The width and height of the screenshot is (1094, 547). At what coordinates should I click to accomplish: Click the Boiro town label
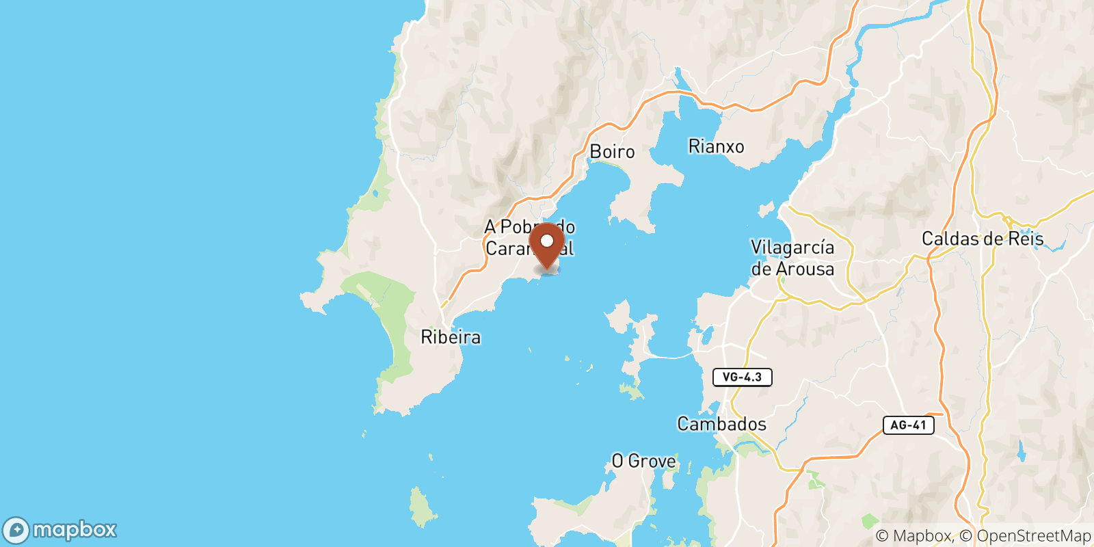pyautogui.click(x=612, y=152)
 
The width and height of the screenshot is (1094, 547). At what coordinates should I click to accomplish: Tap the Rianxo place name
pyautogui.click(x=716, y=146)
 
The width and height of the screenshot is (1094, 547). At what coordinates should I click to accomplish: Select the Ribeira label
pyautogui.click(x=451, y=337)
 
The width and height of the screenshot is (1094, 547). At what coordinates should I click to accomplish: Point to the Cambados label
pyautogui.click(x=721, y=424)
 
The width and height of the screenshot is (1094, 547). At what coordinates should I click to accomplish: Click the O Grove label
pyautogui.click(x=643, y=462)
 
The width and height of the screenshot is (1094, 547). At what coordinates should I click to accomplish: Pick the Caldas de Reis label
pyautogui.click(x=983, y=239)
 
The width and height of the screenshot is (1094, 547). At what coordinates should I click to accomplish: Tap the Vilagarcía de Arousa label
pyautogui.click(x=792, y=258)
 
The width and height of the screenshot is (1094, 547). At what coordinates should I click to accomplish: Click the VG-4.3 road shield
pyautogui.click(x=742, y=377)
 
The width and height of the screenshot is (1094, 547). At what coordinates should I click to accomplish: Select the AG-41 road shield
pyautogui.click(x=908, y=425)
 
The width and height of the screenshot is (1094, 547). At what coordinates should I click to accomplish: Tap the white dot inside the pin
pyautogui.click(x=547, y=241)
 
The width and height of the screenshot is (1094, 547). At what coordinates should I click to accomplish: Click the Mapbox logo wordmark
pyautogui.click(x=75, y=530)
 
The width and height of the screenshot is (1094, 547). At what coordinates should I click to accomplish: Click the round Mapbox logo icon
pyautogui.click(x=16, y=531)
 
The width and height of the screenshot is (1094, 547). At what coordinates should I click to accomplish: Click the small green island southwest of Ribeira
pyautogui.click(x=423, y=507)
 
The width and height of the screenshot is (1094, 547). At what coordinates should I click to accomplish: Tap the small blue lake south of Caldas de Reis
pyautogui.click(x=1021, y=452)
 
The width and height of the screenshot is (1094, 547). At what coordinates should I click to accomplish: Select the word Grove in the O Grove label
pyautogui.click(x=652, y=462)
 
